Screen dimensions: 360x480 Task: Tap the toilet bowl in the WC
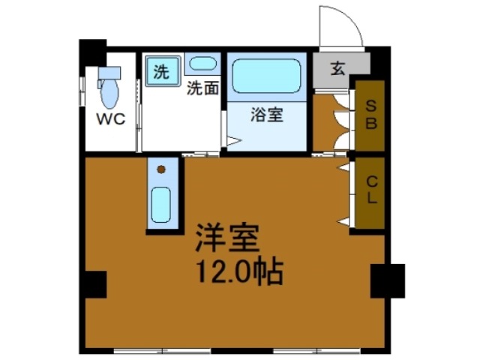pyautogui.click(x=110, y=94)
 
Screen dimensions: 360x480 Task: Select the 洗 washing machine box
pyautogui.click(x=161, y=72)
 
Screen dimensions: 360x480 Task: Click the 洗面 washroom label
pyautogui.click(x=202, y=88)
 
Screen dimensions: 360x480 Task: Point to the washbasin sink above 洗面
pyautogui.click(x=202, y=64)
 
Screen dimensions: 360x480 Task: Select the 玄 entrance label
pyautogui.click(x=337, y=70)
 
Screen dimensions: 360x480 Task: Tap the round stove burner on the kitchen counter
pyautogui.click(x=160, y=169)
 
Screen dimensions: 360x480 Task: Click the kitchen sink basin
pyautogui.click(x=161, y=204)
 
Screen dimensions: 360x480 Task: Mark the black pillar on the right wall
pyautogui.click(x=388, y=280)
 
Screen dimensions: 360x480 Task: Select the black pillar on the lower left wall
pyautogui.click(x=94, y=286)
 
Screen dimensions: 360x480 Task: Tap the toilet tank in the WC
pyautogui.click(x=109, y=73)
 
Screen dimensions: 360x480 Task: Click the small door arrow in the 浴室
pyautogui.click(x=233, y=140)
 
